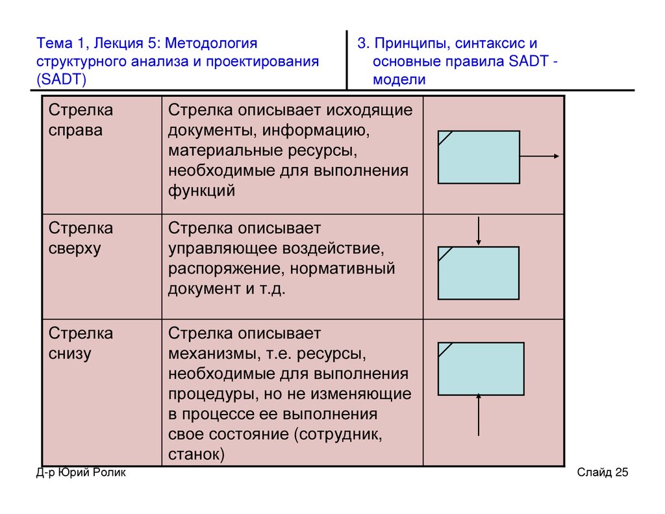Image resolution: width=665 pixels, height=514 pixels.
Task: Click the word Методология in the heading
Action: point(211,44)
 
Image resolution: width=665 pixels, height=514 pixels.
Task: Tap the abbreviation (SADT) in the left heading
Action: point(62,79)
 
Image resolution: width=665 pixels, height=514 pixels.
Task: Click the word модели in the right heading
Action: point(399,80)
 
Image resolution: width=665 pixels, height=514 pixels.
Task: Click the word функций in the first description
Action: point(201,190)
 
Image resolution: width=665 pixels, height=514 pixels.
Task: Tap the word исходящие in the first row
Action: point(369,110)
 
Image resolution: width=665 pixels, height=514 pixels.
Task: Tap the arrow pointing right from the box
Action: point(540,156)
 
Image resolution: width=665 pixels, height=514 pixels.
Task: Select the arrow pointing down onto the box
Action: point(479,231)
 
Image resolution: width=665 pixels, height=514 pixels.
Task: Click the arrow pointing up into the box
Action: point(479,415)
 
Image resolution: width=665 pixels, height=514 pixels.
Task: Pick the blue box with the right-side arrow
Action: point(479,157)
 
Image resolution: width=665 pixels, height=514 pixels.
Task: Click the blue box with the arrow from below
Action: point(481,369)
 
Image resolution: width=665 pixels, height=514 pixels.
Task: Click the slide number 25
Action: point(621,472)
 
